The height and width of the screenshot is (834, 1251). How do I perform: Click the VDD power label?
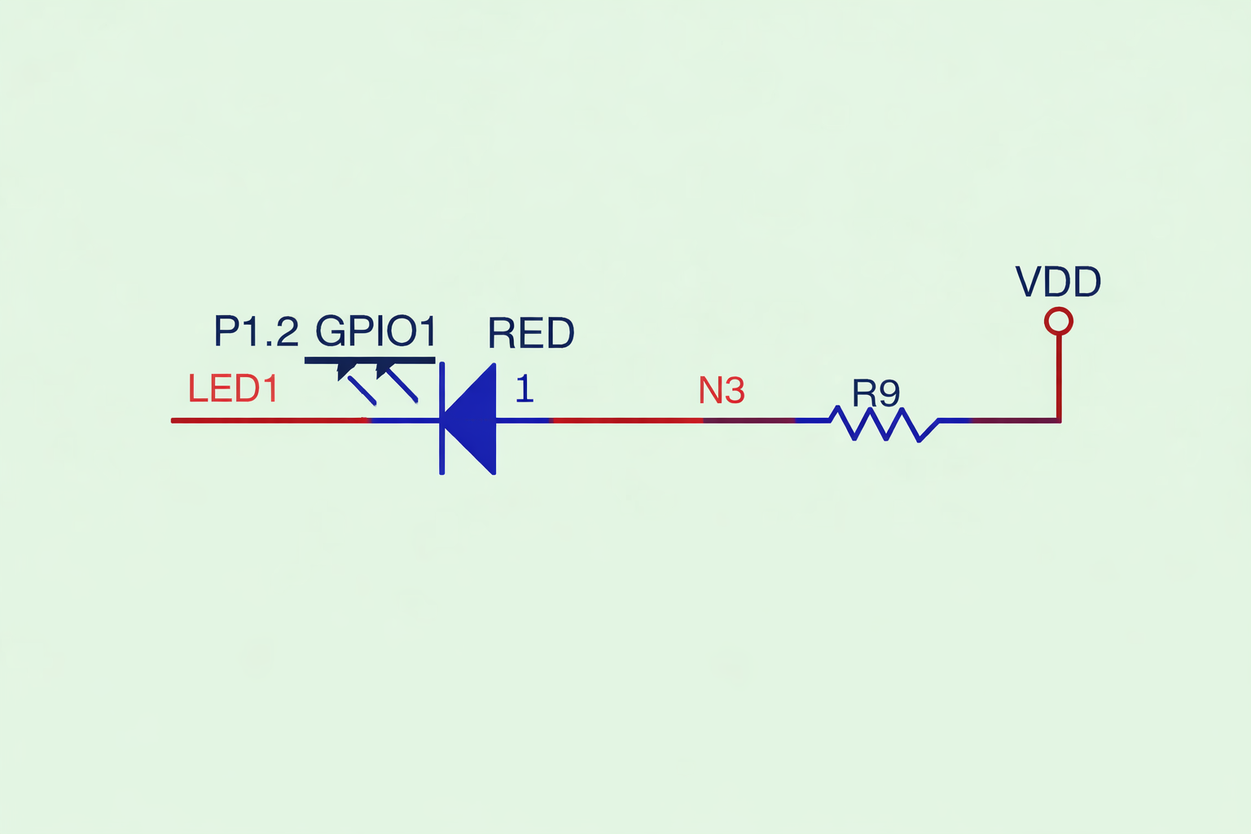coord(1058,282)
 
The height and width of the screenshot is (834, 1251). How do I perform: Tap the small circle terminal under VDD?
coord(1058,321)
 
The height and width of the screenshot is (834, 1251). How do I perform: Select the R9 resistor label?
coord(876,393)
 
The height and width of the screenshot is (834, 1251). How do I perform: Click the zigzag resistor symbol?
coord(884,424)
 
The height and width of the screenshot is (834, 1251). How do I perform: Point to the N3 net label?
coord(722,391)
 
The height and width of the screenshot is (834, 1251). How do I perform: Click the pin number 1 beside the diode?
coord(525,389)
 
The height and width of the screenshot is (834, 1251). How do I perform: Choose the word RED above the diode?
coord(531,333)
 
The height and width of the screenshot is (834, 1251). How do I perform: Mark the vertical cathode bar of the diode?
coord(441,419)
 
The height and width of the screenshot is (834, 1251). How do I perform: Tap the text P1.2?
coord(256,331)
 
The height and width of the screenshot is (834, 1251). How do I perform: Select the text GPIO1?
coord(376,331)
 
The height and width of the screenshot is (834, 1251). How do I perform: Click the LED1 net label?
coord(233,388)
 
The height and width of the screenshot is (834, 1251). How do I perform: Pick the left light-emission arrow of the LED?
coord(356,384)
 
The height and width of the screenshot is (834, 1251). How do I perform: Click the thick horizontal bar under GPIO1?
coord(370,360)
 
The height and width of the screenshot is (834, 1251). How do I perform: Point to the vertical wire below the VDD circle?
coord(1059,375)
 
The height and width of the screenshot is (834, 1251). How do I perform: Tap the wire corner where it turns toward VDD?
coord(1059,420)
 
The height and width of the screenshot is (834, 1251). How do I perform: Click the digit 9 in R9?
coord(889,393)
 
